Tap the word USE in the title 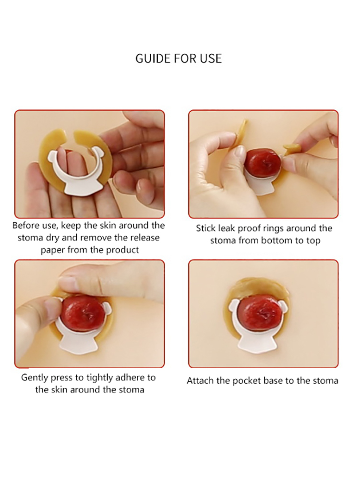point(211,59)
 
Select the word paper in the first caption point(53,250)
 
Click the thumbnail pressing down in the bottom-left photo point(68,281)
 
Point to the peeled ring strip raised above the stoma point(241,132)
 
